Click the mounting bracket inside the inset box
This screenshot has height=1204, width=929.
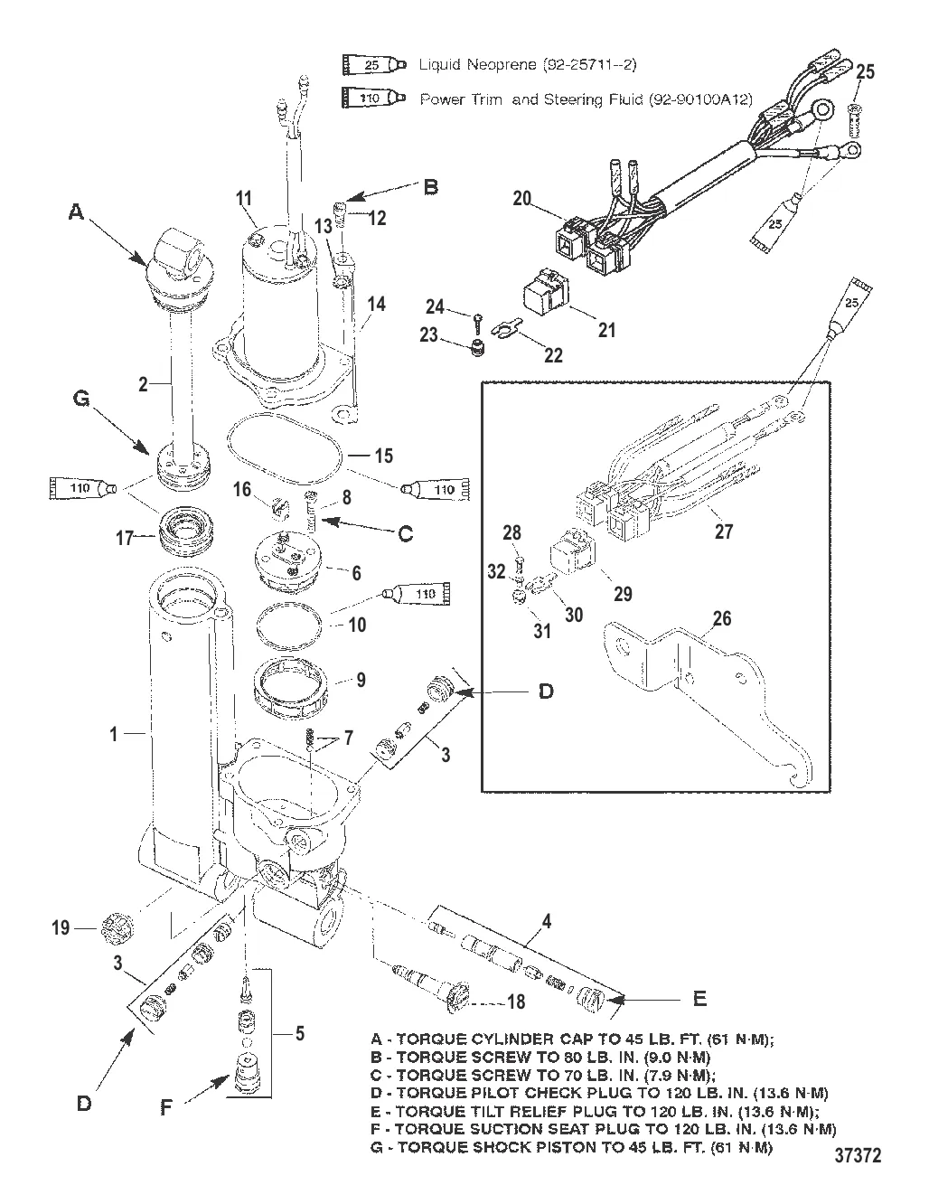714,687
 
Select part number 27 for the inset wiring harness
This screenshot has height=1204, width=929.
723,531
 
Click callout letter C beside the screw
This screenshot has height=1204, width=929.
406,534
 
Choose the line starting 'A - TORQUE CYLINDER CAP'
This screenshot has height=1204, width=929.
571,1040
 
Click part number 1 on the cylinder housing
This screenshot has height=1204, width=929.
114,735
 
